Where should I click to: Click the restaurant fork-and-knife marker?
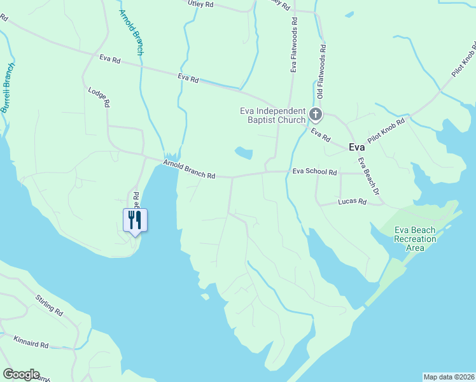click(x=135, y=220)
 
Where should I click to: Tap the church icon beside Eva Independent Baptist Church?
click(x=316, y=115)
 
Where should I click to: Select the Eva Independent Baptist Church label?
click(x=273, y=115)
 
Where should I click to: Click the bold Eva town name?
click(x=357, y=146)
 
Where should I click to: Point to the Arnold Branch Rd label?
click(x=189, y=170)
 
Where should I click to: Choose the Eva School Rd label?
click(x=314, y=171)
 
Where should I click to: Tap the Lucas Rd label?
click(x=354, y=202)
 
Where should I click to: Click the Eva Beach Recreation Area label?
click(x=415, y=239)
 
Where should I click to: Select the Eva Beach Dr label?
click(x=368, y=176)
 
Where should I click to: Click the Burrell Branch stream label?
click(x=8, y=88)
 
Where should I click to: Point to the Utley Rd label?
click(x=200, y=4)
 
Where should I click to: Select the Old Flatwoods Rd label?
click(x=322, y=71)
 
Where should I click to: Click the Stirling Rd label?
click(x=49, y=306)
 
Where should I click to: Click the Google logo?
click(x=21, y=374)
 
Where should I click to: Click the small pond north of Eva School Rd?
click(x=243, y=153)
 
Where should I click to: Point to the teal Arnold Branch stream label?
click(x=131, y=32)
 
